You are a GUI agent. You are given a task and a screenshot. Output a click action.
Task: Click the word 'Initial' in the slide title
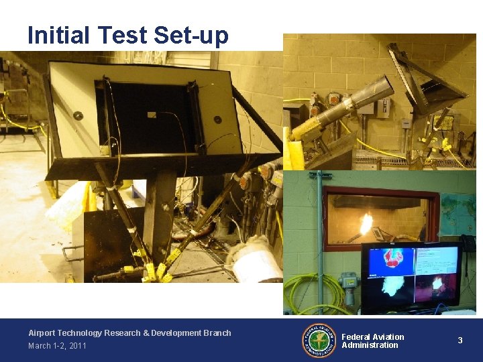point(59,35)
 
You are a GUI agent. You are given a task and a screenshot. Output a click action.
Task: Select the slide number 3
point(460,341)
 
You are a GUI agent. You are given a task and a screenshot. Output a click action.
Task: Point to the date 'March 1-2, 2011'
point(57,346)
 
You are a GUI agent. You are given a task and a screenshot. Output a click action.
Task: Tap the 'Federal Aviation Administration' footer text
point(373,341)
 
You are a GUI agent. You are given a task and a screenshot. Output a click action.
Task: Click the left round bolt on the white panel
point(78,115)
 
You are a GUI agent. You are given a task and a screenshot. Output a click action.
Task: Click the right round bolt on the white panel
point(217,120)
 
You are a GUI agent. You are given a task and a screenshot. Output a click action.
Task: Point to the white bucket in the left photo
point(255,261)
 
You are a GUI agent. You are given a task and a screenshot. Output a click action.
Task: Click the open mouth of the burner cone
point(383,89)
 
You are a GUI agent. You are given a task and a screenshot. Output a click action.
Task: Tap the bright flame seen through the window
point(366,223)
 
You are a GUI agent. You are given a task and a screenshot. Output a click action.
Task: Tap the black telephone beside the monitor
point(468,243)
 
